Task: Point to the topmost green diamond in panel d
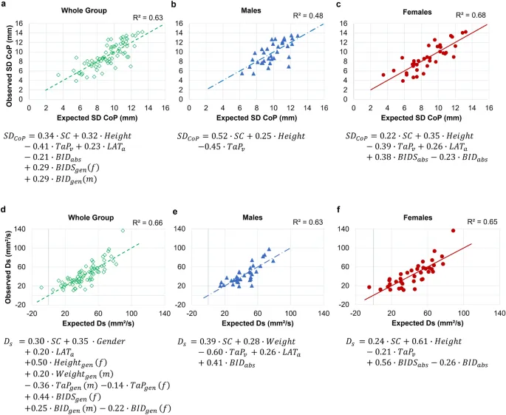tap(123, 231)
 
